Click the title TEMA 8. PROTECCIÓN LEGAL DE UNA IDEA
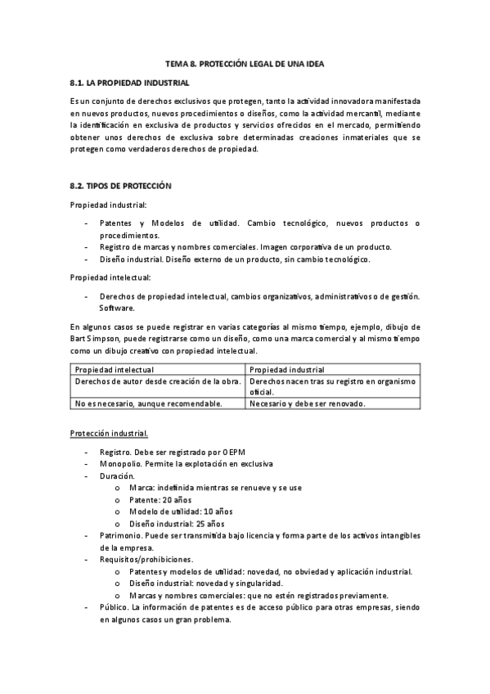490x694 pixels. [245, 64]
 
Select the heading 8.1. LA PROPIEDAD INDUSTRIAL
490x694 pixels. [130, 83]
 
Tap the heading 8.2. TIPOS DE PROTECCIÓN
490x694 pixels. [120, 186]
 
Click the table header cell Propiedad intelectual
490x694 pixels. [109, 369]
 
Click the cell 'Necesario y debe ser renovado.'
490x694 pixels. [307, 403]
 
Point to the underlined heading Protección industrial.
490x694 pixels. [109, 431]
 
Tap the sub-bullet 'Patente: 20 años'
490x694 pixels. [160, 499]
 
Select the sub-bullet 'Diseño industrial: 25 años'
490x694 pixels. [176, 523]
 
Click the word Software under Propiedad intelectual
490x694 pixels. [115, 308]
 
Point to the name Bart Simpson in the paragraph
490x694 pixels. [94, 339]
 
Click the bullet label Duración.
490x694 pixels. [117, 475]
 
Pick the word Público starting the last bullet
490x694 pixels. [115, 607]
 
